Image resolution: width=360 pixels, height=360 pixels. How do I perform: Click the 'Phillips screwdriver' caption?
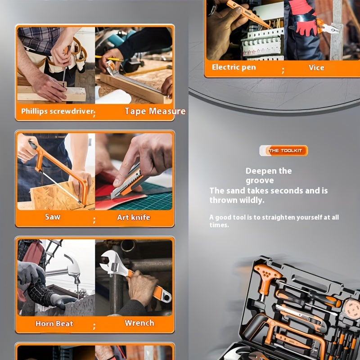58,111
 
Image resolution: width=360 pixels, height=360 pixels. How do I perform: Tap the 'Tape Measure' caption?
155,111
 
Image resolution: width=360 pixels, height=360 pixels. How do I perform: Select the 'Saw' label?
53,217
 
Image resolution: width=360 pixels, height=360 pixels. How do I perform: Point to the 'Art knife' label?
134,217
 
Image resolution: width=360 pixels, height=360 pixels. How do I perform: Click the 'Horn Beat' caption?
54,324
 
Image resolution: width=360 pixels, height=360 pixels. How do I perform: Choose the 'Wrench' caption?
139,323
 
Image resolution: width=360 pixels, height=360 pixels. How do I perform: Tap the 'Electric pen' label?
234,67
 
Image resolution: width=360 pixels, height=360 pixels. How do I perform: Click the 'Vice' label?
316,67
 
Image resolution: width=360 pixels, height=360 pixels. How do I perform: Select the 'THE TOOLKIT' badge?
283,151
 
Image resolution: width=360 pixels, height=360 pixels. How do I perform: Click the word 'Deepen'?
261,171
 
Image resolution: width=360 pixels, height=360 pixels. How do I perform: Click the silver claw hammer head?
73,269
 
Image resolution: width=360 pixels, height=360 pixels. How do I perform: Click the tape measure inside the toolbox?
352,309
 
